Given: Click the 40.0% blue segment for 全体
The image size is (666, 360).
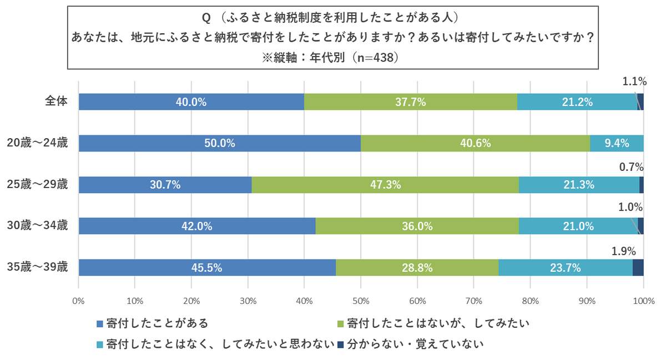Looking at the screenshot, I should tap(191, 102).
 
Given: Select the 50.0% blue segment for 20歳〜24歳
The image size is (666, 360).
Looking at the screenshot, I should tap(220, 143).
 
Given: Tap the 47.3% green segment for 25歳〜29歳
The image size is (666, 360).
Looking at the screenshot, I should tap(385, 185).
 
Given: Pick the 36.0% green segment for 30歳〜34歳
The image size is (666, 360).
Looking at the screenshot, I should tap(417, 226).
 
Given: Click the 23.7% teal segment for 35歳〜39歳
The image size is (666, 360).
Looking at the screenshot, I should tap(566, 267).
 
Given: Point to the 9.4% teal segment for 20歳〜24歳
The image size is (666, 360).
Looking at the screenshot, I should tap(617, 143).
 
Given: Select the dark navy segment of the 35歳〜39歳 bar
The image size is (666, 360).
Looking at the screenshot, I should tap(638, 267).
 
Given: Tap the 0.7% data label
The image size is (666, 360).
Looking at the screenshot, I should tap(631, 166).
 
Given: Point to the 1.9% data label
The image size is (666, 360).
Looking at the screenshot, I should tap(623, 251).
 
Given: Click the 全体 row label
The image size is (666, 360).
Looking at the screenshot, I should tap(56, 102).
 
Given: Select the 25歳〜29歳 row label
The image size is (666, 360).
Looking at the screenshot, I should tap(37, 185).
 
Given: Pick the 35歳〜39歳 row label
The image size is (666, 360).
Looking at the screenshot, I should tap(37, 267).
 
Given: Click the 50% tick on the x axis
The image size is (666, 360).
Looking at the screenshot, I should tap(361, 301).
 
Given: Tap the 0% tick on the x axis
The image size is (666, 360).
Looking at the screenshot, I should tap(78, 301).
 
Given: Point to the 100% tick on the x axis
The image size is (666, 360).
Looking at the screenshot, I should tap(642, 301).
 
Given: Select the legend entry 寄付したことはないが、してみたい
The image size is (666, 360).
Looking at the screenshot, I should tap(433, 322).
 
